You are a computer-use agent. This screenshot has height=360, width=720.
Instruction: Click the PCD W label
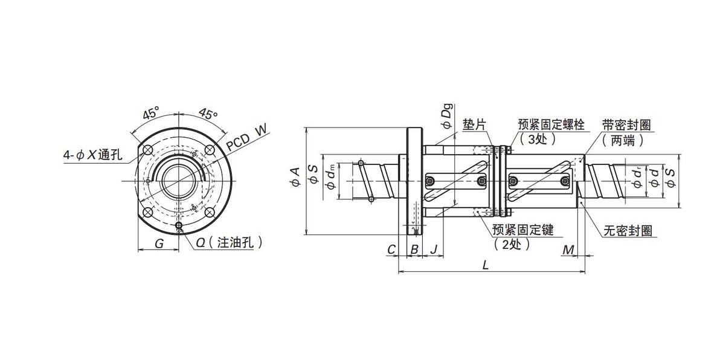pyautogui.click(x=246, y=137)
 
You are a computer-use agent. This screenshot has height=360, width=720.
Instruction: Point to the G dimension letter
pyautogui.click(x=159, y=244)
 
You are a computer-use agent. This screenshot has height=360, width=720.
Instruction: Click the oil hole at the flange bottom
pyautogui.click(x=179, y=225)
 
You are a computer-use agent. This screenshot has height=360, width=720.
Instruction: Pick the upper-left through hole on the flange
pyautogui.click(x=148, y=150)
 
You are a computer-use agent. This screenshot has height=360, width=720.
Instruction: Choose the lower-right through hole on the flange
pyautogui.click(x=210, y=213)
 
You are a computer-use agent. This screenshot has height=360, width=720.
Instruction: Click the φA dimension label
pyautogui.click(x=295, y=177)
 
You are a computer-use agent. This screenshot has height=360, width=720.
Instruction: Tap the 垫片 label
pyautogui.click(x=474, y=125)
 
